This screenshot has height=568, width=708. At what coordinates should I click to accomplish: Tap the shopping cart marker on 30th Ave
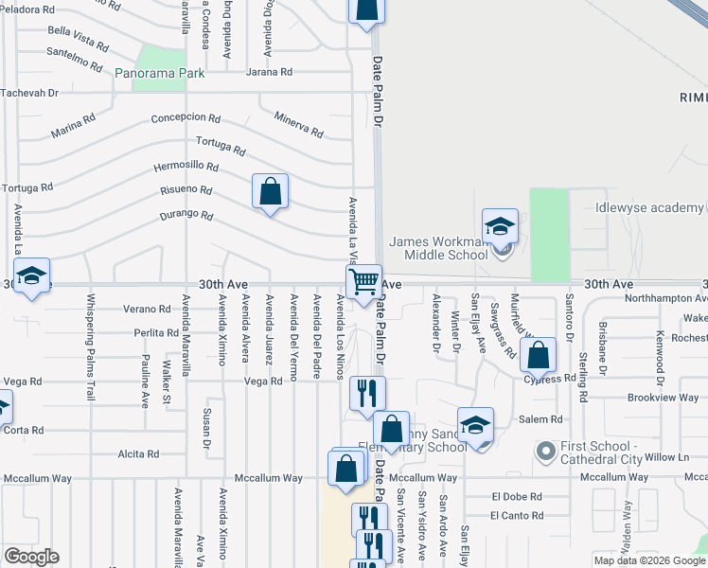[x=363, y=282]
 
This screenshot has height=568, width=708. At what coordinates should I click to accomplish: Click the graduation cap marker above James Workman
[x=500, y=227]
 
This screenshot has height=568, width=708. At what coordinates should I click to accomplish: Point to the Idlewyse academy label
[x=650, y=208]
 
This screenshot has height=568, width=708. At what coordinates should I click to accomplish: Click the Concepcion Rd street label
[x=186, y=119]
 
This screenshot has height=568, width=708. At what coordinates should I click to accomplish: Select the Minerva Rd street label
[x=298, y=124]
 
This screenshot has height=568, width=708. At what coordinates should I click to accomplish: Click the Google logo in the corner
[x=31, y=557]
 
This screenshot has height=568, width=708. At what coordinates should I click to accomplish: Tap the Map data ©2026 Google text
[x=648, y=560]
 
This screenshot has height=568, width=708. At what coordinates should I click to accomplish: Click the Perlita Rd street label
[x=156, y=333]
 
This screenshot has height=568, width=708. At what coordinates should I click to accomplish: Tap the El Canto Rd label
[x=517, y=516]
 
